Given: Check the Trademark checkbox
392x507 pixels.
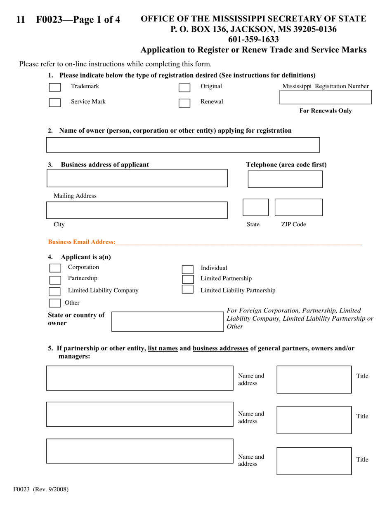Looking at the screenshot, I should click(54, 87).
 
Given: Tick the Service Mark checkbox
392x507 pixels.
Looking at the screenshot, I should click(54, 103).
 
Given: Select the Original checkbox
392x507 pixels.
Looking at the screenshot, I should click(184, 88).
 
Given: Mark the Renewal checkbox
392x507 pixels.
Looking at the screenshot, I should click(184, 103).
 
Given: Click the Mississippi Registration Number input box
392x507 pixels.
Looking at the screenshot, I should click(325, 97).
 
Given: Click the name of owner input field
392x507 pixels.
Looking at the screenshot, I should click(183, 145).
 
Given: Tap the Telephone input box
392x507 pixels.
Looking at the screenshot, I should click(285, 179).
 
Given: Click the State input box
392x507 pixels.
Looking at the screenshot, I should click(255, 207).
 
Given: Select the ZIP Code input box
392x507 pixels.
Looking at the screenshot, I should click(299, 207).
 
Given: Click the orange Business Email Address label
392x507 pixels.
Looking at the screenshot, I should click(82, 242).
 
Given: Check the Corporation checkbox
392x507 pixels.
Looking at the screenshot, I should click(55, 268).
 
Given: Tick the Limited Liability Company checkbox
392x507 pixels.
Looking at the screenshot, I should click(54, 292).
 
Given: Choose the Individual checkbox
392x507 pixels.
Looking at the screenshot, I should click(188, 270).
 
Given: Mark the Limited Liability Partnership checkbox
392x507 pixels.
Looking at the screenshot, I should click(188, 289).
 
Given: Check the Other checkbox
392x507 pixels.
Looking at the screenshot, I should click(54, 303).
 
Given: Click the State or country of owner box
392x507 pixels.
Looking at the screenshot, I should click(168, 322).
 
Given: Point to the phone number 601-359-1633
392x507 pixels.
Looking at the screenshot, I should click(253, 40).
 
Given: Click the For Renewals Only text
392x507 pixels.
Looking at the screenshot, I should click(325, 111).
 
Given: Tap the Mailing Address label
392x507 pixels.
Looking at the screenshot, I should click(75, 196).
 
